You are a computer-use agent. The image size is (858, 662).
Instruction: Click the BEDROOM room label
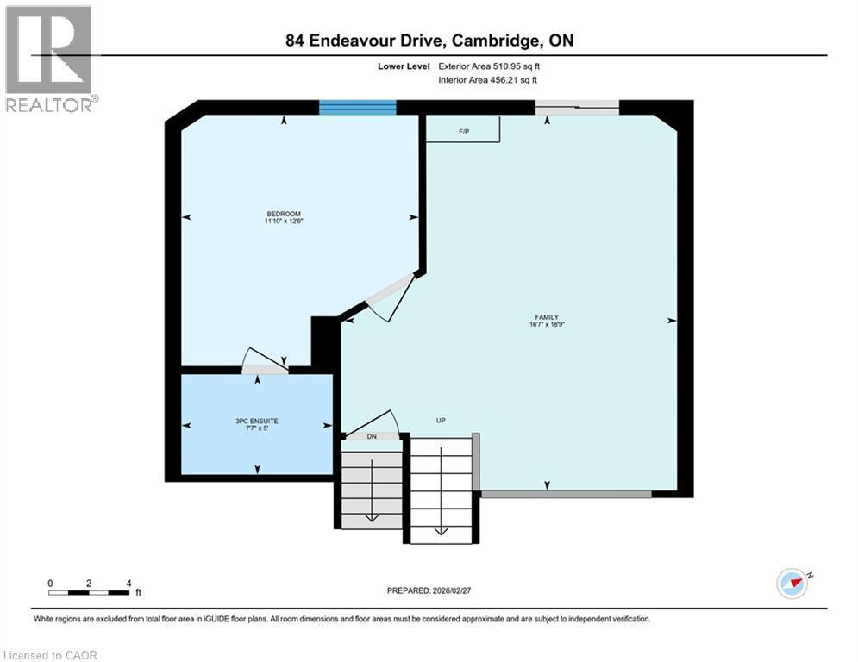(284, 214)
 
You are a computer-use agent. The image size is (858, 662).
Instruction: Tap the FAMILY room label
(548, 316)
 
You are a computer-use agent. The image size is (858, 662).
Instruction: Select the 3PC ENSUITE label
(258, 421)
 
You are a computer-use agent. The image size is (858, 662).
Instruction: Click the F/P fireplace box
(464, 130)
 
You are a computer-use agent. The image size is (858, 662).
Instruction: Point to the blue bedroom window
(357, 107)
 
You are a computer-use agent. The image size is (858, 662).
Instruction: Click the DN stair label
(372, 436)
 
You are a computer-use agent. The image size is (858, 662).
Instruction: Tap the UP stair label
(440, 421)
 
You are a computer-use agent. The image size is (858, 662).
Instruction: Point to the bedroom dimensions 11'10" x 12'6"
(284, 222)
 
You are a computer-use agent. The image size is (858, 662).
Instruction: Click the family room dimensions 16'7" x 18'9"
(548, 325)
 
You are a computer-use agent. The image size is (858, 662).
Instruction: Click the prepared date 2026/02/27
(430, 590)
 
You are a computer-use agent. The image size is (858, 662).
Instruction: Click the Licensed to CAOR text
(50, 655)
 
